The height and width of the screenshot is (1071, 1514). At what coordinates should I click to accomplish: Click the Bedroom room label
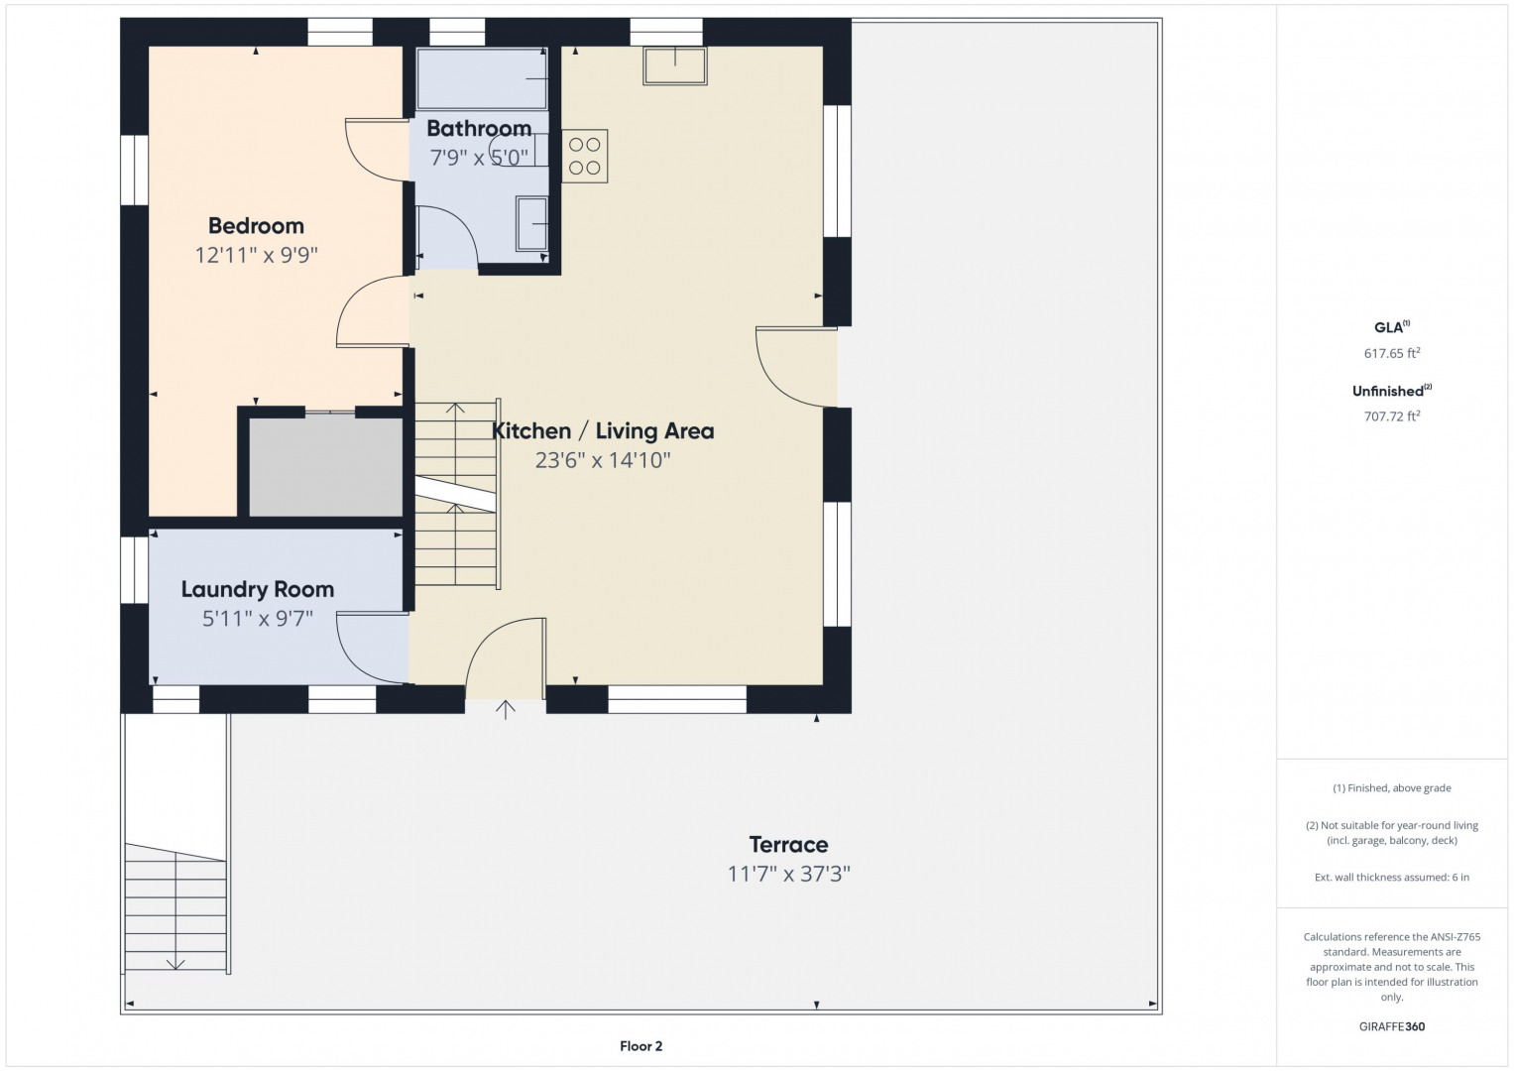click(x=256, y=226)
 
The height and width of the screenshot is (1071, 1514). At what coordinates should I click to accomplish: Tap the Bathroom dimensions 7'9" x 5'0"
click(x=479, y=158)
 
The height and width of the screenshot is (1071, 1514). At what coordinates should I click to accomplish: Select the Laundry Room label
click(x=258, y=590)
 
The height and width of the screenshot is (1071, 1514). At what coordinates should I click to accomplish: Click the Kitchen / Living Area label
click(x=602, y=430)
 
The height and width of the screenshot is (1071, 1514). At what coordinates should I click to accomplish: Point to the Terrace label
click(x=788, y=845)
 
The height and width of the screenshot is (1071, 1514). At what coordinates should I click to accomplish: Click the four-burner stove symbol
click(x=585, y=157)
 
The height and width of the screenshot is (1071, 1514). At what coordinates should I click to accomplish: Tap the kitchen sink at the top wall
click(x=675, y=65)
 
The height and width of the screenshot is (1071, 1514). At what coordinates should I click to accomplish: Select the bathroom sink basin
click(x=531, y=224)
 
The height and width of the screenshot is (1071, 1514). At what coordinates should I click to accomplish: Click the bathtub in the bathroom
click(x=482, y=78)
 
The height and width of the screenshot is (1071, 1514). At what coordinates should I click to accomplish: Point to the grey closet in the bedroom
click(x=326, y=467)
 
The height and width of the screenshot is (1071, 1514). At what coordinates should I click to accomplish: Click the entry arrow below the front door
click(x=505, y=710)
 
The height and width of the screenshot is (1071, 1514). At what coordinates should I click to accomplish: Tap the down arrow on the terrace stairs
click(x=175, y=964)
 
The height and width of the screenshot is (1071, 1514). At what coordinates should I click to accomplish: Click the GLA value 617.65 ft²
click(x=1392, y=353)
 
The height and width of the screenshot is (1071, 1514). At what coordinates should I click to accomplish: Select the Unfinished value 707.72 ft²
click(x=1392, y=416)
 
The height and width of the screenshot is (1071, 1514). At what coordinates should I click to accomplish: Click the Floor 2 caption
click(x=641, y=1046)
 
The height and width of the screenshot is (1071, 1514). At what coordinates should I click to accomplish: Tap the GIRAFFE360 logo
click(x=1392, y=1026)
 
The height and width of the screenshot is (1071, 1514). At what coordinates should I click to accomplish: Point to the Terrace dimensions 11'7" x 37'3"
click(x=788, y=875)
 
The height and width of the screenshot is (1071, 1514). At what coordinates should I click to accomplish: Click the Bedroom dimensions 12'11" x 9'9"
click(x=256, y=255)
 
